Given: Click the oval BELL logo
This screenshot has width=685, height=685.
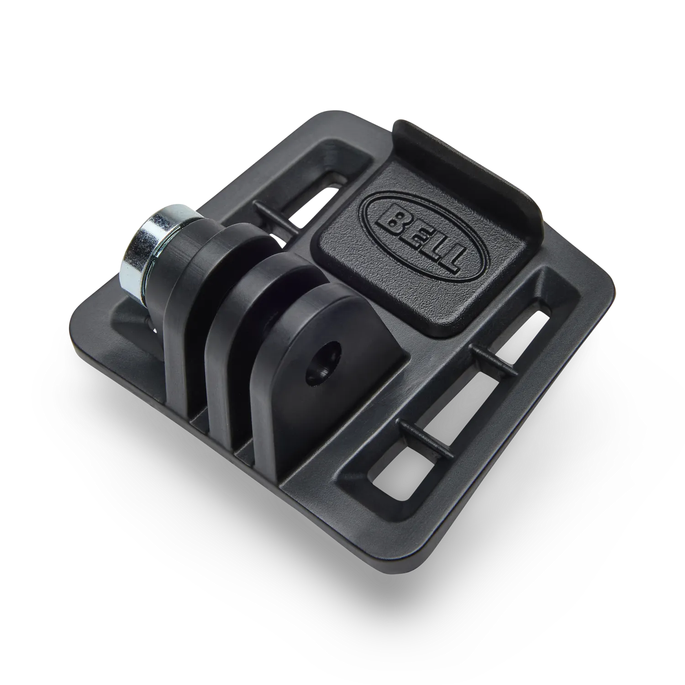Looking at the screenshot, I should [x=419, y=237].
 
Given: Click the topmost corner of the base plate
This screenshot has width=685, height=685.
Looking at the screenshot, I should [x=322, y=112].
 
